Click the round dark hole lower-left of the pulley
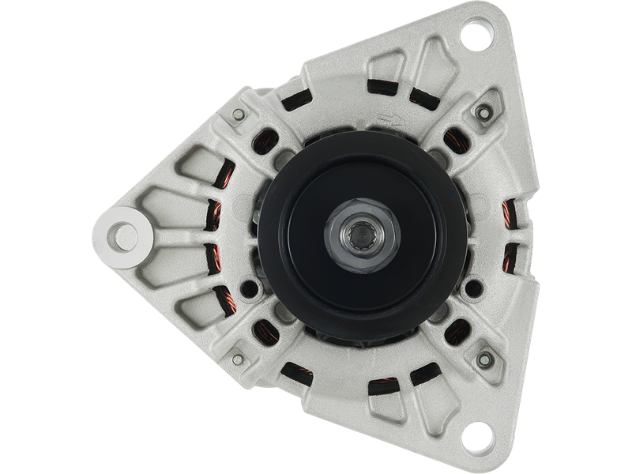pyautogui.click(x=251, y=288)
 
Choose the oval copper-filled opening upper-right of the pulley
pyautogui.click(x=453, y=142)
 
